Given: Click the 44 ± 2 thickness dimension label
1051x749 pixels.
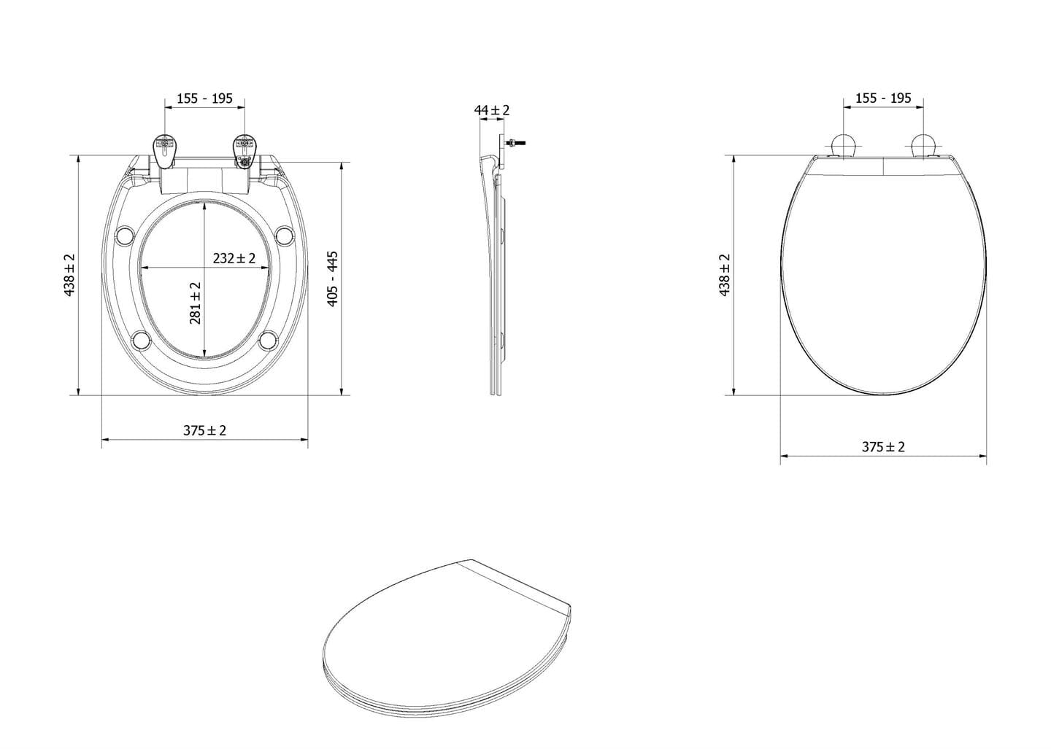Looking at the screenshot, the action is (492, 110).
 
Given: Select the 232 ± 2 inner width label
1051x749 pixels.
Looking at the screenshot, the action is (234, 257).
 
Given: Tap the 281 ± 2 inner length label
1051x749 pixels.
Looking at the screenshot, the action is (195, 303).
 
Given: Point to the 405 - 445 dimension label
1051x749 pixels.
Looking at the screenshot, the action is (332, 279).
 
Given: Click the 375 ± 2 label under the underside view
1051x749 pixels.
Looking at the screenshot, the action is (204, 430).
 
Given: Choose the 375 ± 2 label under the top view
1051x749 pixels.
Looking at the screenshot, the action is (883, 446).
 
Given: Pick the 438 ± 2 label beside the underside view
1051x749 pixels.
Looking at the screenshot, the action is (69, 275).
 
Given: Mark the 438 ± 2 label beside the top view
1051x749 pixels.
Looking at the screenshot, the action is (725, 275).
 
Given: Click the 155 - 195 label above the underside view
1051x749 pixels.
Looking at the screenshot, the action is (204, 98).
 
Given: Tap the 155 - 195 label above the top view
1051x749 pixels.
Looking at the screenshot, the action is (883, 98).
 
